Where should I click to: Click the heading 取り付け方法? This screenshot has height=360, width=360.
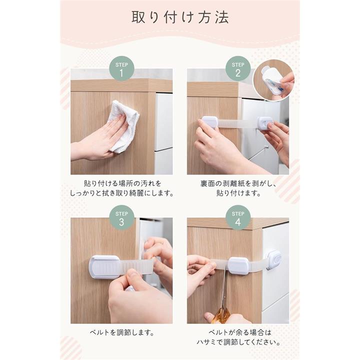click(x=180, y=17)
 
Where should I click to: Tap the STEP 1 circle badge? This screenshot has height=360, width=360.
click(x=121, y=68)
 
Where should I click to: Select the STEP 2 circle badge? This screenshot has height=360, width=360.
click(x=237, y=68)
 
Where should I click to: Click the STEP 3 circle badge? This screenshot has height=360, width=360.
click(x=121, y=217)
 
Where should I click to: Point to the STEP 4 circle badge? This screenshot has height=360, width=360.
click(x=237, y=217)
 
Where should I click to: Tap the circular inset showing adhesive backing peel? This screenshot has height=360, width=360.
click(x=273, y=80)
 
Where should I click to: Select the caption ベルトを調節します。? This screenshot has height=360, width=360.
click(x=121, y=332)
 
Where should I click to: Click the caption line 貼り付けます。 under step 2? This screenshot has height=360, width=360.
click(x=238, y=193)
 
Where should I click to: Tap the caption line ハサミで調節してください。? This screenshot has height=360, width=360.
click(x=238, y=342)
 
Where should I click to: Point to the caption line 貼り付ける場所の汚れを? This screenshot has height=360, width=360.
click(x=122, y=183)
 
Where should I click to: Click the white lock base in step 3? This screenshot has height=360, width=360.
click(x=104, y=267)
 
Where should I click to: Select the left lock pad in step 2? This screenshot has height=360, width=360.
click(x=209, y=122)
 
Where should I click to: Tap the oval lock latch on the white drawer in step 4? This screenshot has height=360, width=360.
click(x=273, y=260)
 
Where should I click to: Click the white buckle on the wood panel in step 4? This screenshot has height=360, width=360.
click(x=238, y=265)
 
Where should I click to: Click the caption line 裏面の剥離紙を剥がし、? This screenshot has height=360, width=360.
click(x=238, y=183)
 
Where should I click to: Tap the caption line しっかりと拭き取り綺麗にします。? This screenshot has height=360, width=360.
click(x=121, y=193)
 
